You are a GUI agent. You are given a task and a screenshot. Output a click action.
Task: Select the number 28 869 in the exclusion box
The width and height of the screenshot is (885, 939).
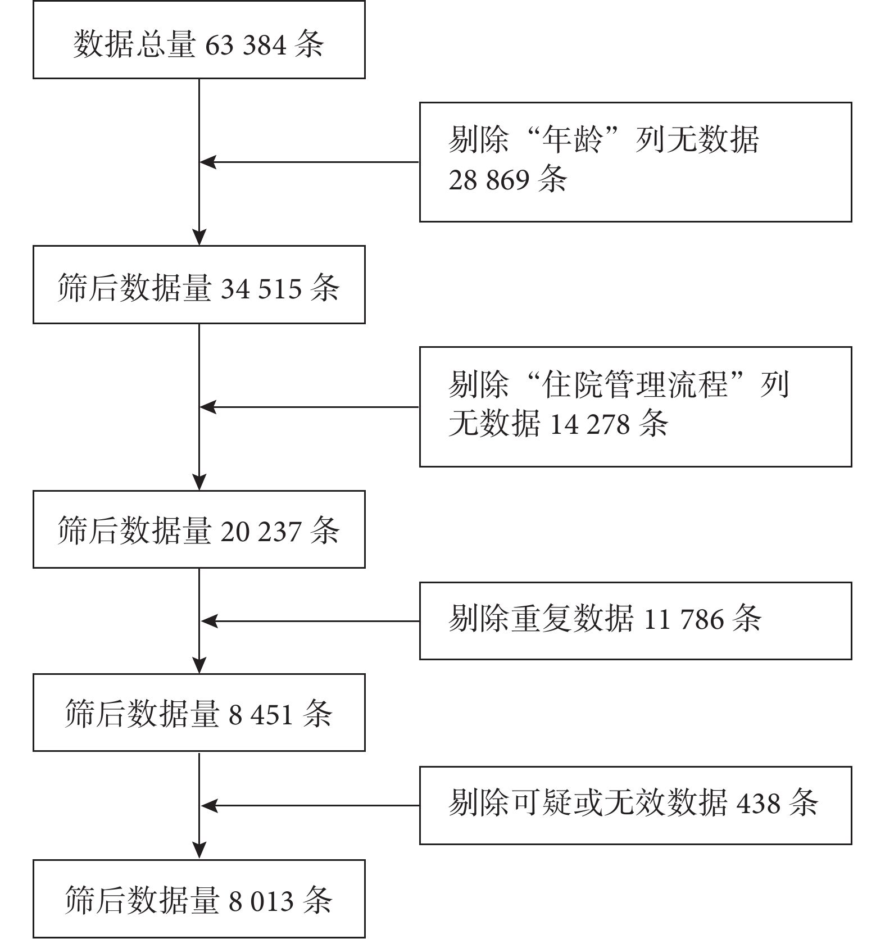[x=489, y=180]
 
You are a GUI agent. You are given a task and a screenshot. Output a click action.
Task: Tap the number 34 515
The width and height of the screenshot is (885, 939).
[x=261, y=289]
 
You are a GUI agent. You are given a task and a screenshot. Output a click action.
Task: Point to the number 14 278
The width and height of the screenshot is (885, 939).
[x=589, y=424]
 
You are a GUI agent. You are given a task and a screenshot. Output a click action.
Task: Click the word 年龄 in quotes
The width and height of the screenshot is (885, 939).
[x=570, y=139]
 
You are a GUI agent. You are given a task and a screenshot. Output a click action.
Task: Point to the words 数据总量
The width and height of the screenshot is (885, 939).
[x=134, y=44]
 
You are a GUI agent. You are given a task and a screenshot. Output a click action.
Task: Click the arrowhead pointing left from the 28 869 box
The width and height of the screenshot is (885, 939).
[x=208, y=162]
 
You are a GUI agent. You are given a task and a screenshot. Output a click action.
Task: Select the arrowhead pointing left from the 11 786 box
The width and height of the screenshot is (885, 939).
[x=210, y=621]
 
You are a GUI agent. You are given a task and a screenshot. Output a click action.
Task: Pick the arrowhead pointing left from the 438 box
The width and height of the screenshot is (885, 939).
[x=210, y=806]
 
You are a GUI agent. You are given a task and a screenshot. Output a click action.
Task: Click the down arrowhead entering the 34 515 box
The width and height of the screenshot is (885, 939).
[x=199, y=237]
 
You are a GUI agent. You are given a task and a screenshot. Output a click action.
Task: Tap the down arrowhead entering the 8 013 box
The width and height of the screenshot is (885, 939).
[x=199, y=850]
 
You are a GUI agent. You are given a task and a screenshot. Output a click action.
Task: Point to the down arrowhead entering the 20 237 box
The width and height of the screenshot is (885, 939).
[x=199, y=482]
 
